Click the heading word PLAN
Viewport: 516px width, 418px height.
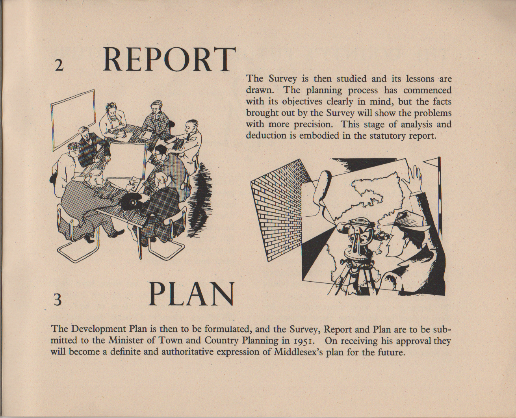point(191,294)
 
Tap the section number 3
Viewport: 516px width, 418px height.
point(58,300)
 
